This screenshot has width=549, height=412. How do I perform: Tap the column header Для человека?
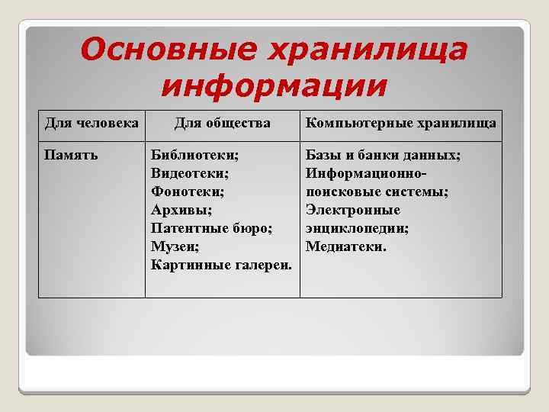pyautogui.click(x=91, y=123)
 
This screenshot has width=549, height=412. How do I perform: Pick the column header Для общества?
pyautogui.click(x=222, y=123)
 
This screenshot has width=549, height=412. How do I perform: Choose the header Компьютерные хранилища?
pyautogui.click(x=400, y=123)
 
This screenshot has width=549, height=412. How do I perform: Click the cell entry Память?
pyautogui.click(x=69, y=156)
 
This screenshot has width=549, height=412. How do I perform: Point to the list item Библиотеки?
pyautogui.click(x=194, y=156)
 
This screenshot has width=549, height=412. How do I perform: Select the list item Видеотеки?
pyautogui.click(x=190, y=174)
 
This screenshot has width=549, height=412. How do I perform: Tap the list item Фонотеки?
pyautogui.click(x=188, y=192)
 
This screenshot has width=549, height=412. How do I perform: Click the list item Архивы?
pyautogui.click(x=181, y=211)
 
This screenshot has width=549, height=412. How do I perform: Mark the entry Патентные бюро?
pyautogui.click(x=212, y=228)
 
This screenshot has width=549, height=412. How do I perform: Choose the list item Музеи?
pyautogui.click(x=175, y=246)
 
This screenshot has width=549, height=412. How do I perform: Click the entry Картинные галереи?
pyautogui.click(x=221, y=265)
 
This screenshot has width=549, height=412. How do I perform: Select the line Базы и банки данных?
pyautogui.click(x=383, y=156)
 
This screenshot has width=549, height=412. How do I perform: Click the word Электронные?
pyautogui.click(x=352, y=211)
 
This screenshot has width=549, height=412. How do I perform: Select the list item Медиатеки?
pyautogui.click(x=346, y=246)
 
